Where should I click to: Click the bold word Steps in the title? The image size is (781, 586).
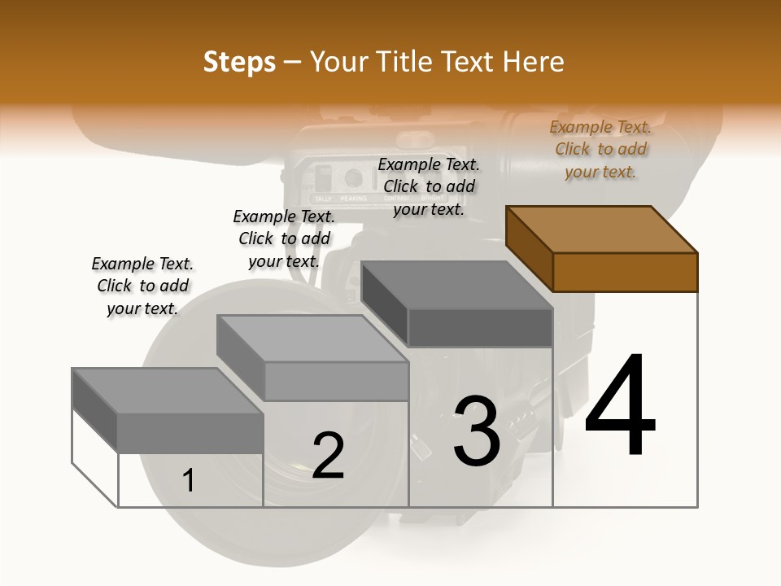click(x=239, y=62)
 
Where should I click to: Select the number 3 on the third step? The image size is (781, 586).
click(x=476, y=432)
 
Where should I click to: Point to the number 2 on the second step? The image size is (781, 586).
click(x=328, y=457)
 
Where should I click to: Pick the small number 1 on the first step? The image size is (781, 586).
click(x=189, y=481)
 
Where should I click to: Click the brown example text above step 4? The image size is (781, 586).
click(x=600, y=150)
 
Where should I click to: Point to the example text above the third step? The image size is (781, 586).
click(x=429, y=186)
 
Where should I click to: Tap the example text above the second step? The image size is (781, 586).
click(x=284, y=238)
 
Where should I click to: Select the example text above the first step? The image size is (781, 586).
click(x=142, y=286)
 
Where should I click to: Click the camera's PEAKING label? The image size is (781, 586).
click(x=353, y=199)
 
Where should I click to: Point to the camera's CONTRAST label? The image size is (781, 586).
click(x=396, y=199)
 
